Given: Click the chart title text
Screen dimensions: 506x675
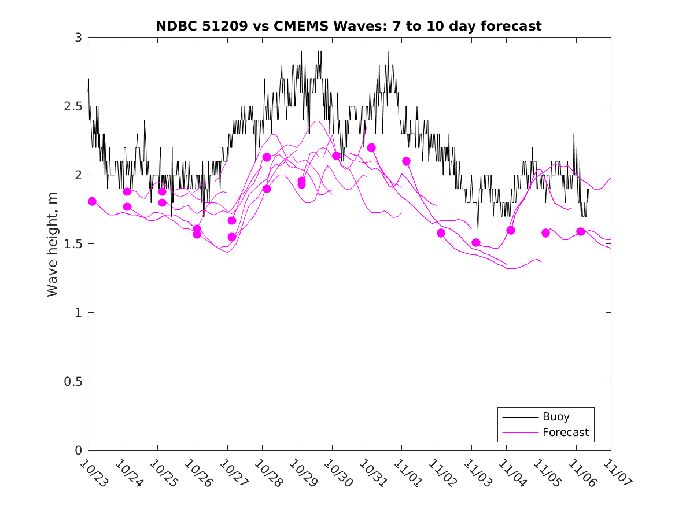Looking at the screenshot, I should click(349, 26).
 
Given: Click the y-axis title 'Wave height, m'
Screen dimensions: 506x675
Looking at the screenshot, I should click(53, 244).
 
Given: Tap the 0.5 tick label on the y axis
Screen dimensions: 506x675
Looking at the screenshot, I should click(73, 382).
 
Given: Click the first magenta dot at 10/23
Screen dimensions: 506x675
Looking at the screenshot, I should click(92, 201).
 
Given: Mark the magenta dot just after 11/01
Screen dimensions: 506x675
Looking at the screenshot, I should click(406, 161).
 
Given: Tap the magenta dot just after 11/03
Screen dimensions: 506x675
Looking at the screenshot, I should click(476, 243).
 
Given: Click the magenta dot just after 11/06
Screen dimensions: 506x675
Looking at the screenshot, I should click(581, 231).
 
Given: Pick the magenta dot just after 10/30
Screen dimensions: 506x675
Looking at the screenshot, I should click(336, 156).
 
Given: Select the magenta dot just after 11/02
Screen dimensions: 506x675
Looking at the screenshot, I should click(441, 233).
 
